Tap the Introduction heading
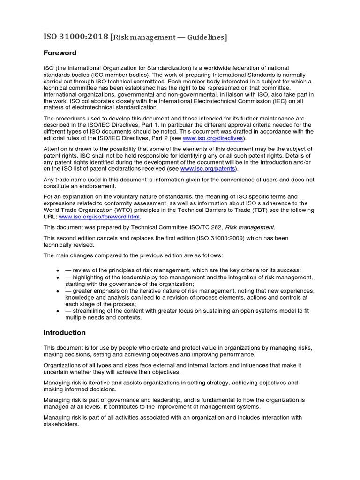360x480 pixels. point(65,333)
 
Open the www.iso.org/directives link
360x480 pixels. point(213,138)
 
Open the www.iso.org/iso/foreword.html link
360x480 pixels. point(99,217)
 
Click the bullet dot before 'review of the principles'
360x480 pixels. point(57,270)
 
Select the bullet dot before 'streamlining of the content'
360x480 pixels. point(57,311)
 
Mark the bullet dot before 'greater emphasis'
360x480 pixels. point(57,291)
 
